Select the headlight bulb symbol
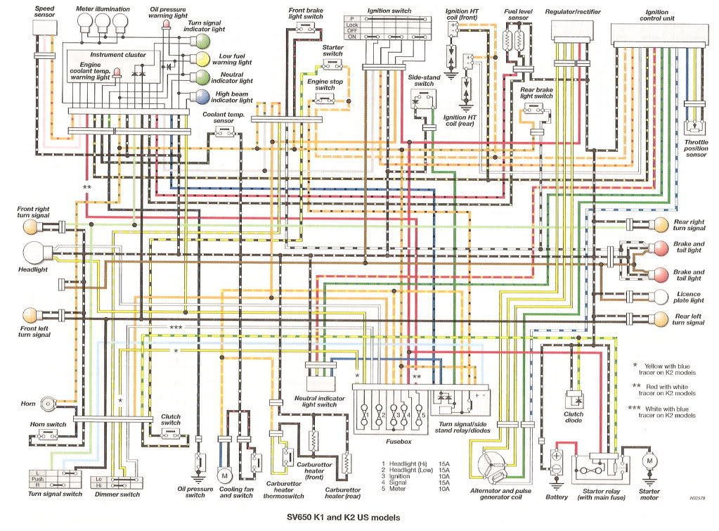[x=34, y=252]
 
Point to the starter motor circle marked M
[x=649, y=460]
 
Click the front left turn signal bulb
[x=32, y=314]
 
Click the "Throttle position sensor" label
[x=696, y=148]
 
